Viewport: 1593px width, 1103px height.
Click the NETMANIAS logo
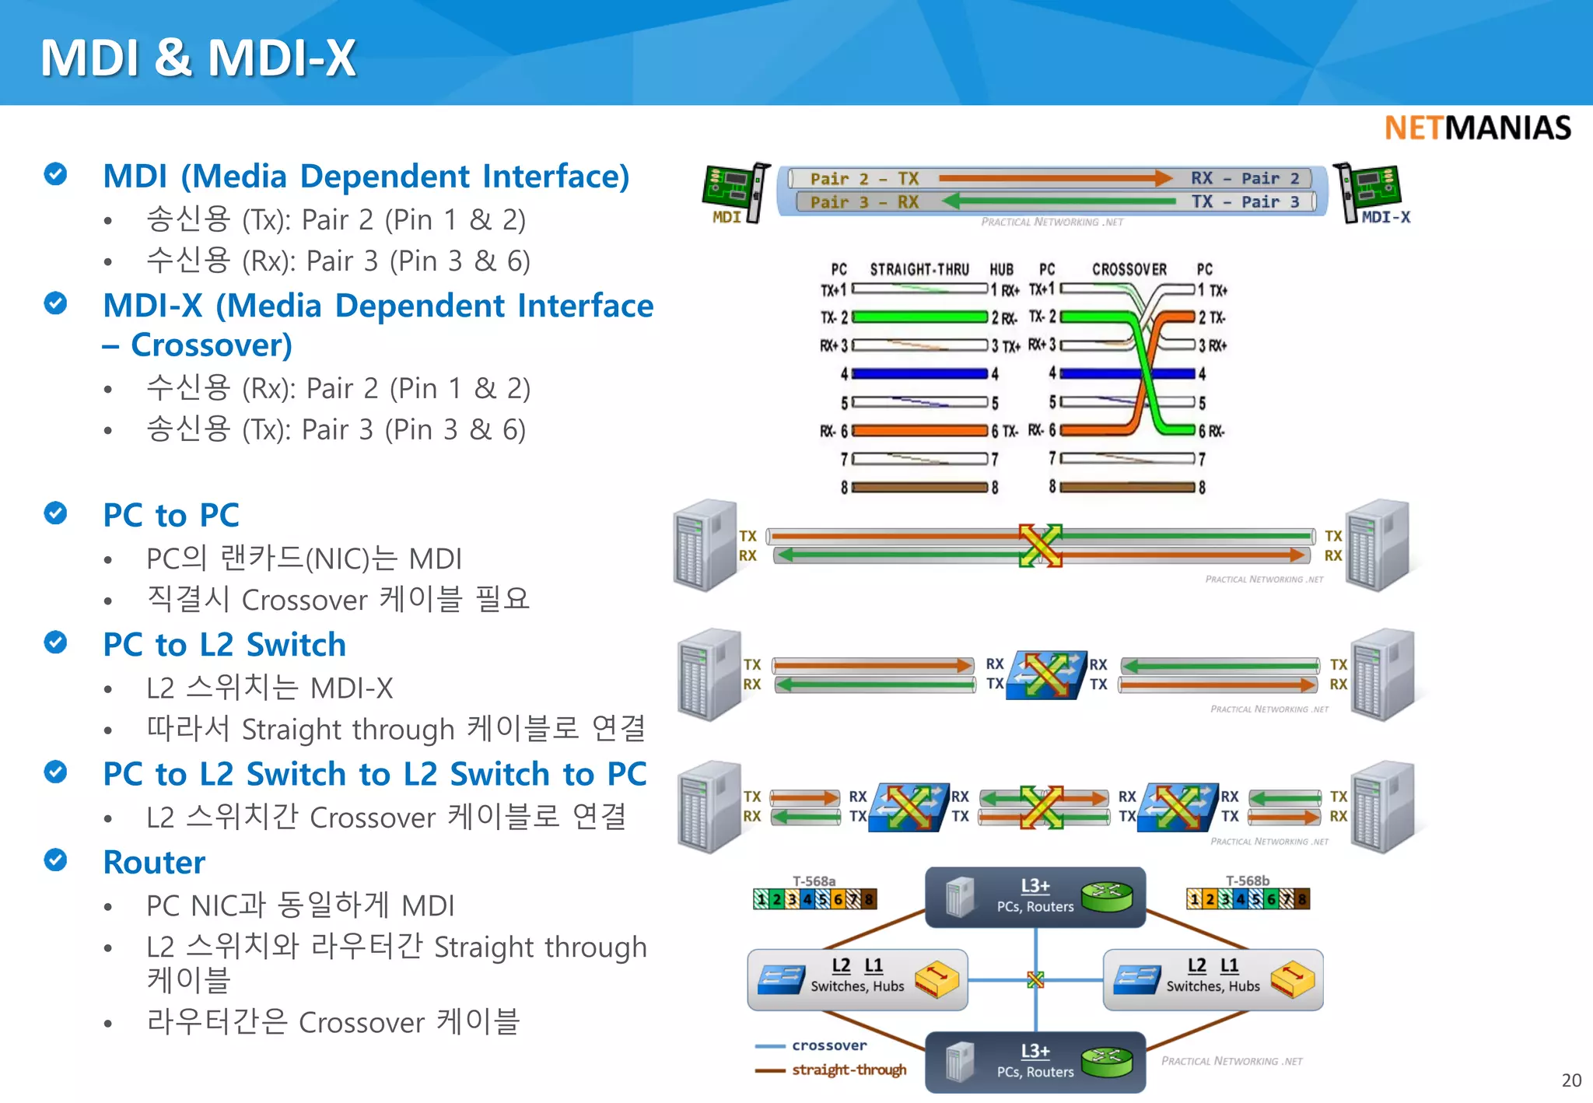[1477, 128]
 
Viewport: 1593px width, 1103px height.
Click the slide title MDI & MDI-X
[198, 58]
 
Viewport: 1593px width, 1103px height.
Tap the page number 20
[1570, 1080]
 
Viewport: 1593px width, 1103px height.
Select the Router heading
[154, 862]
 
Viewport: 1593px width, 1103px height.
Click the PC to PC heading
[171, 515]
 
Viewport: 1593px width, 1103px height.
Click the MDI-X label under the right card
[1385, 217]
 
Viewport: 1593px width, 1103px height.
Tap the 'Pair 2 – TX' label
[863, 178]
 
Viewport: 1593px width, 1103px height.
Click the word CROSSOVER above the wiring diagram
[1129, 269]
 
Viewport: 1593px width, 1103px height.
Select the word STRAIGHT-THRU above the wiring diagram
[919, 269]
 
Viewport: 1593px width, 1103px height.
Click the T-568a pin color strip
[814, 899]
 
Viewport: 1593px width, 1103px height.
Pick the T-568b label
[1247, 881]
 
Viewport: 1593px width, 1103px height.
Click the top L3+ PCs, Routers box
[1035, 897]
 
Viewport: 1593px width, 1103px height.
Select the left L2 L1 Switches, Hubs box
[857, 979]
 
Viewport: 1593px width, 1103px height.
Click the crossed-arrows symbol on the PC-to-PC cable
[1040, 545]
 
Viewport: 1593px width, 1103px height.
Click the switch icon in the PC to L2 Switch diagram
[1045, 674]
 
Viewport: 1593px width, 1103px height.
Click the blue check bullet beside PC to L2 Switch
[55, 643]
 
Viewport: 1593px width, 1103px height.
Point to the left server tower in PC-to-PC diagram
[704, 545]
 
